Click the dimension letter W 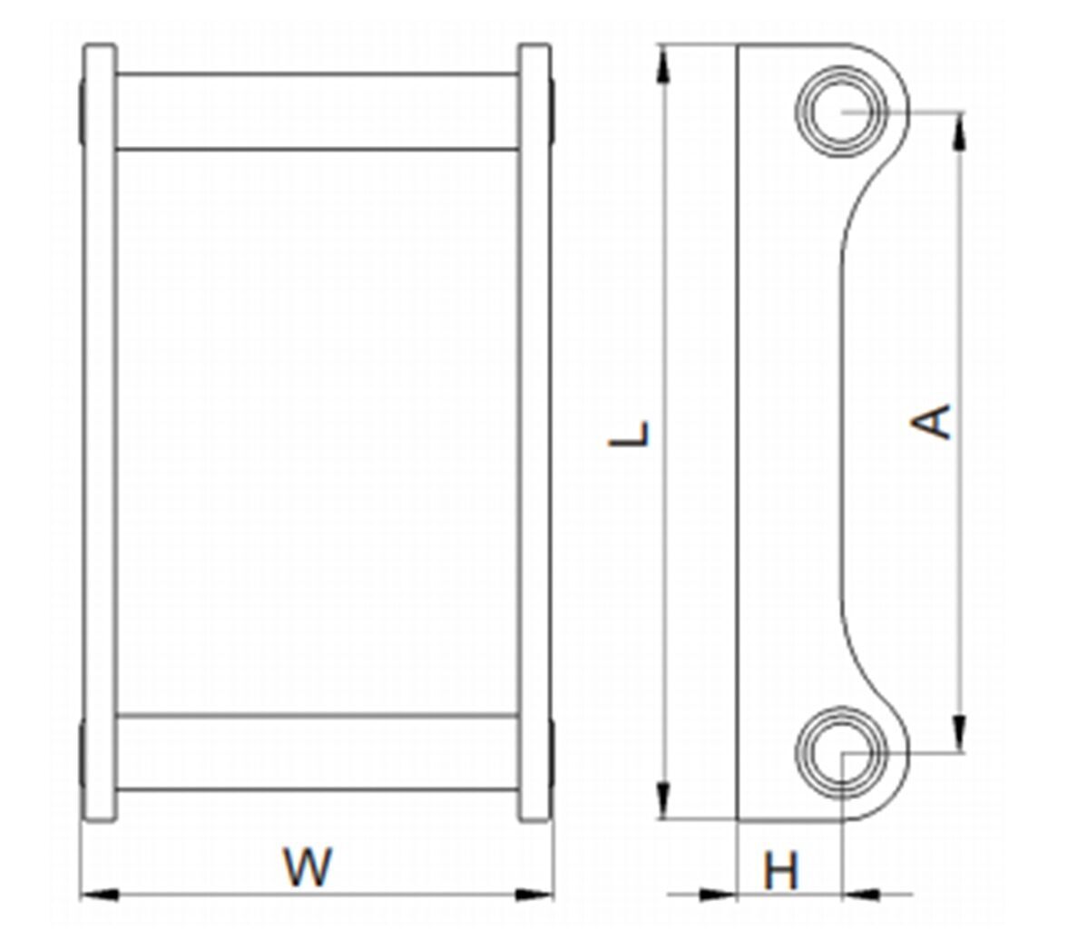[308, 866]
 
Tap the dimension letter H [781, 871]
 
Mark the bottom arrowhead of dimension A [960, 731]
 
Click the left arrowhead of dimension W [100, 895]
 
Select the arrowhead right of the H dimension [862, 895]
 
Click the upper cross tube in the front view [318, 112]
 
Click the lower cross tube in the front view [318, 752]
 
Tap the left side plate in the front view [100, 433]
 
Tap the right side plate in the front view [534, 433]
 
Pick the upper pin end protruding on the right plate [552, 112]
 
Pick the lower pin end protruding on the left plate [83, 752]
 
